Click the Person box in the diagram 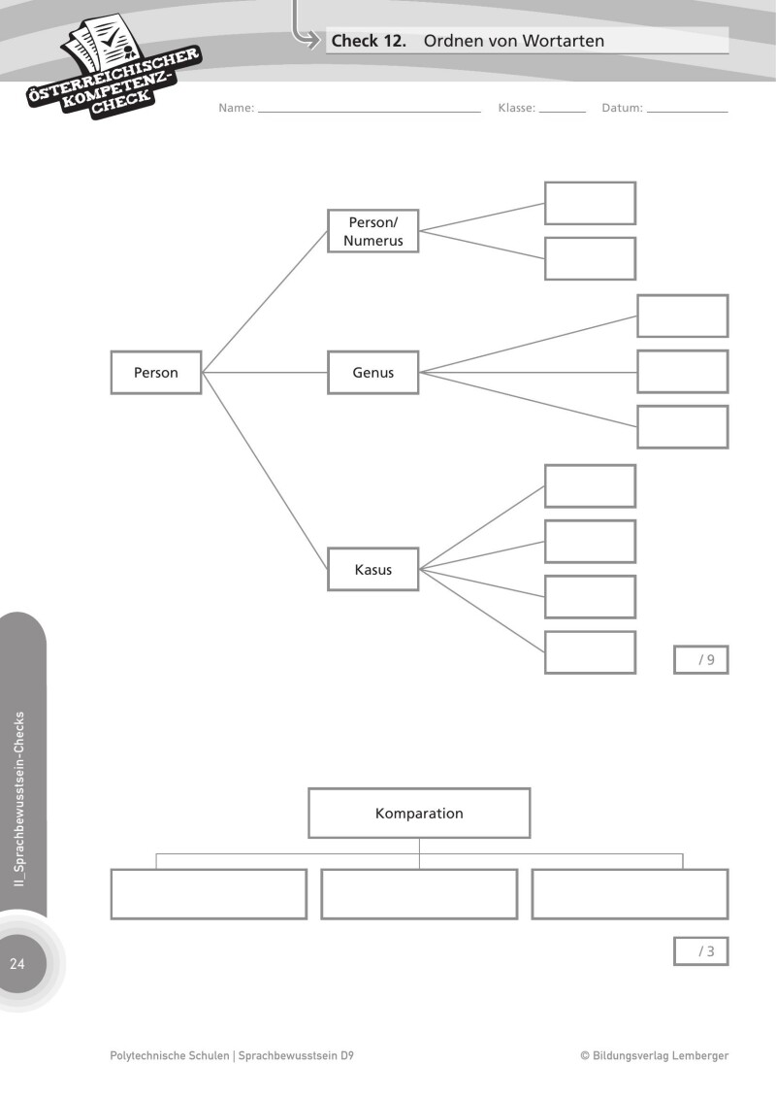[156, 373]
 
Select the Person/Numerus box [372, 231]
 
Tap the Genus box [372, 373]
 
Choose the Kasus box [372, 570]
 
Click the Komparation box [419, 814]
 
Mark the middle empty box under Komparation [419, 894]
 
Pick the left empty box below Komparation [209, 894]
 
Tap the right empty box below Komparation [630, 894]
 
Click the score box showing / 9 [700, 660]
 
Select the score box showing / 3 [700, 951]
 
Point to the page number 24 [17, 964]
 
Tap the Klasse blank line [563, 110]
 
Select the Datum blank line [687, 110]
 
